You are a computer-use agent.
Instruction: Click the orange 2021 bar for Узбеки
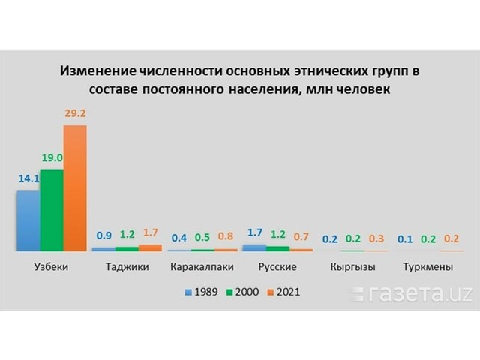75,187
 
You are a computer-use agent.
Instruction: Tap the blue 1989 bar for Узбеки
28,220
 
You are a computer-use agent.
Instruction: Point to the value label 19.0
51,160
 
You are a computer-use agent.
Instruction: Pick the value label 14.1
28,180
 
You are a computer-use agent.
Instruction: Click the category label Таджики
127,267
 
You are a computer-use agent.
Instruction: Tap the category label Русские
278,267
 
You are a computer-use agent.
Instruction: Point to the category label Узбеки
52,267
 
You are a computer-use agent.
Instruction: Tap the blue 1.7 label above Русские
255,232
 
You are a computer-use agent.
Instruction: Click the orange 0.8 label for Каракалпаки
226,236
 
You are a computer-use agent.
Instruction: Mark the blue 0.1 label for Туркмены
406,238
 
